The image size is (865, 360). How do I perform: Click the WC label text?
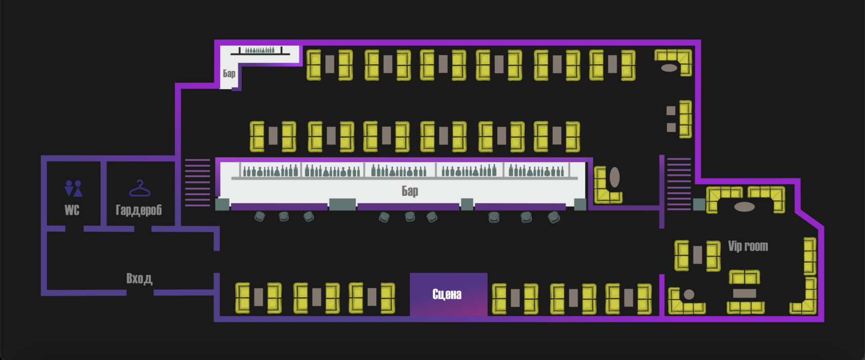tap(72, 210)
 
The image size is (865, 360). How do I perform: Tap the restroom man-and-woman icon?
tap(73, 188)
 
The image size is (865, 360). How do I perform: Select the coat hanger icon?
tap(140, 188)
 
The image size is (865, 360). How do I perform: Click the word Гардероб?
tap(139, 210)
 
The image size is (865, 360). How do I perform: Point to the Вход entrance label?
tap(139, 279)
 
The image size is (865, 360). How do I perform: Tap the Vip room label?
tap(748, 246)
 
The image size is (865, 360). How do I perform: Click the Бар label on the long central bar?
tap(410, 191)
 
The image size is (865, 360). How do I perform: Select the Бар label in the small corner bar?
tap(229, 74)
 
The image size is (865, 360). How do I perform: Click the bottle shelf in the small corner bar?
tap(260, 50)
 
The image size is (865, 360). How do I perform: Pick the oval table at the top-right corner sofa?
tap(669, 68)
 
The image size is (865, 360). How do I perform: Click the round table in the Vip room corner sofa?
tap(689, 295)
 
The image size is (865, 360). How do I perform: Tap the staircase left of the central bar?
tap(198, 182)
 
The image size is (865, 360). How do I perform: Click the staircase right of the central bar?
tap(679, 183)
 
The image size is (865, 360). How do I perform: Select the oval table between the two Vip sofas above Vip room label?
tap(744, 207)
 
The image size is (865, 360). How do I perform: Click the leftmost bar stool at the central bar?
tap(259, 217)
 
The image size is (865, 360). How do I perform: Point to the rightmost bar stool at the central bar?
tap(554, 217)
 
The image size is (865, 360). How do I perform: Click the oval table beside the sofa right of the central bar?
tap(614, 177)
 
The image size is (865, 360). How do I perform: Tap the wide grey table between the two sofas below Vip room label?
tap(745, 294)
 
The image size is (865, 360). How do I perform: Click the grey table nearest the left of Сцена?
tap(372, 297)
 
